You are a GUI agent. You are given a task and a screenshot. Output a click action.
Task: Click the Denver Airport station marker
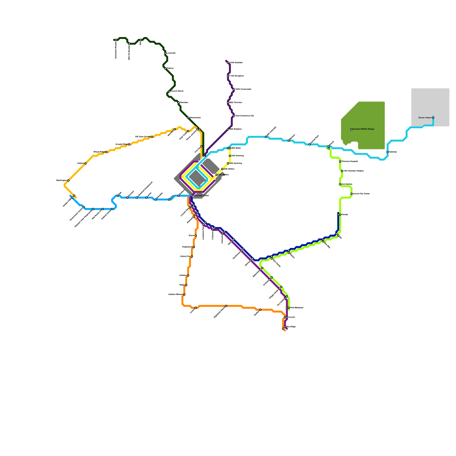click(x=433, y=118)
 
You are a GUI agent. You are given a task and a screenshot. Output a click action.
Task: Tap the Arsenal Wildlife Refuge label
click(x=363, y=129)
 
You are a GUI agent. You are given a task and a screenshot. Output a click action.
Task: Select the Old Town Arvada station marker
click(x=152, y=137)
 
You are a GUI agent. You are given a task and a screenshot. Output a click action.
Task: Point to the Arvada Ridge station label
click(x=121, y=144)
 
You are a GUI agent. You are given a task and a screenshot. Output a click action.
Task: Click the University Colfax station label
click(x=201, y=196)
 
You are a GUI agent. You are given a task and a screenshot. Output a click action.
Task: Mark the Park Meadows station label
click(x=297, y=308)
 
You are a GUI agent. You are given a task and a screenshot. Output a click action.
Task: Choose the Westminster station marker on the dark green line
click(x=188, y=118)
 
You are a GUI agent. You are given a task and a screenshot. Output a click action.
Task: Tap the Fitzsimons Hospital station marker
click(x=340, y=162)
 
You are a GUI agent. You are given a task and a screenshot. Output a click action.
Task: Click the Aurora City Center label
click(x=361, y=194)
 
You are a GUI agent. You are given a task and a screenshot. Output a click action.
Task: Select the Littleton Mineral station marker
click(x=184, y=294)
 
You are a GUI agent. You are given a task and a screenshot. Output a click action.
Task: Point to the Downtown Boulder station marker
click(x=116, y=40)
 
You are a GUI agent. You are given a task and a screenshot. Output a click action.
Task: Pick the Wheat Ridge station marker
click(x=106, y=152)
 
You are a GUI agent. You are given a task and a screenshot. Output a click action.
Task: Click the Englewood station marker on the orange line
click(x=194, y=247)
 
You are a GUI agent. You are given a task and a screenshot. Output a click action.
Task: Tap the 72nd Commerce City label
click(x=245, y=116)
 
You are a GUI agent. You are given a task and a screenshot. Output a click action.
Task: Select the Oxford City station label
click(x=185, y=256)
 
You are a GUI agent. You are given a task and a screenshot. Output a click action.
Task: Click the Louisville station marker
click(x=165, y=53)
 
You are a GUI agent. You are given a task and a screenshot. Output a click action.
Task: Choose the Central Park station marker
click(x=310, y=144)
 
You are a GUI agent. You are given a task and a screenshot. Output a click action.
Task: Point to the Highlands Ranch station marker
click(x=226, y=306)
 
